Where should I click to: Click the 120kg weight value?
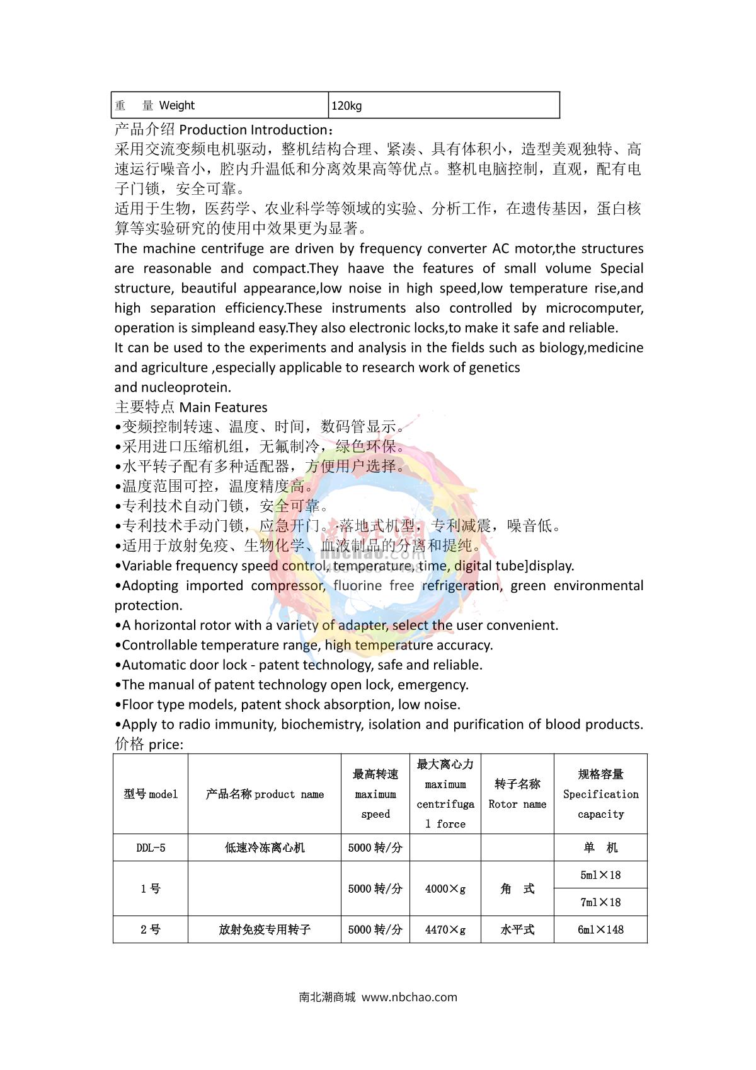[346, 106]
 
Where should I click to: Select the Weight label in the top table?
[176, 105]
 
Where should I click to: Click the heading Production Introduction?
[253, 130]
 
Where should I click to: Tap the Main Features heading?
[223, 407]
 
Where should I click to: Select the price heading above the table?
[166, 745]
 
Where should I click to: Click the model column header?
[151, 794]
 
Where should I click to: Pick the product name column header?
[265, 794]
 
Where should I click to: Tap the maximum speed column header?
[375, 794]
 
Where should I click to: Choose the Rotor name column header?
[517, 794]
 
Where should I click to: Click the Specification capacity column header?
[600, 794]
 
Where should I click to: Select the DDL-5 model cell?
[151, 848]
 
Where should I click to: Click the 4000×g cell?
[445, 889]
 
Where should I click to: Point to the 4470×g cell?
[445, 929]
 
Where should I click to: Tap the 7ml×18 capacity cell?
[600, 902]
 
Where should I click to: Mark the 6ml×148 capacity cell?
[600, 929]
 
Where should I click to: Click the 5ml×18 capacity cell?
[600, 875]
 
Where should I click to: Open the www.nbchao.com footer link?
[409, 997]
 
